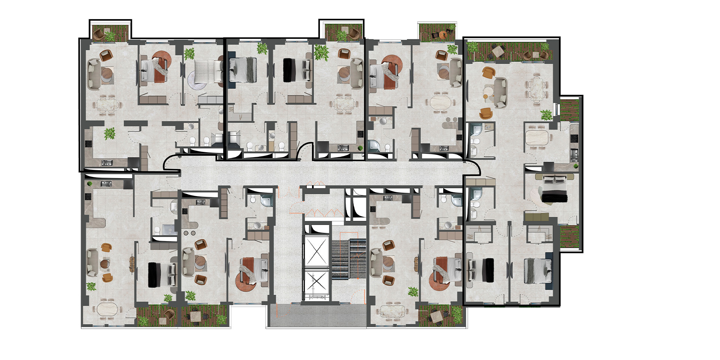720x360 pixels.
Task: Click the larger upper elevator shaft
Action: (x=316, y=250)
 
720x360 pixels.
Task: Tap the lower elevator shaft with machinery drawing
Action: (x=316, y=284)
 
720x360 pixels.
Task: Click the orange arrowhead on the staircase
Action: (x=358, y=255)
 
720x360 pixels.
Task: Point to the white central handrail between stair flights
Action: (x=349, y=259)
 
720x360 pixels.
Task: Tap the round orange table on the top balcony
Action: (x=443, y=34)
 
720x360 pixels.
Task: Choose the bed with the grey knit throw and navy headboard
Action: (x=538, y=271)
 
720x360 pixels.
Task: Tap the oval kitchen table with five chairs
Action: (x=537, y=138)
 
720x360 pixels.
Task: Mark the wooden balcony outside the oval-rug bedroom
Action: (x=569, y=236)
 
